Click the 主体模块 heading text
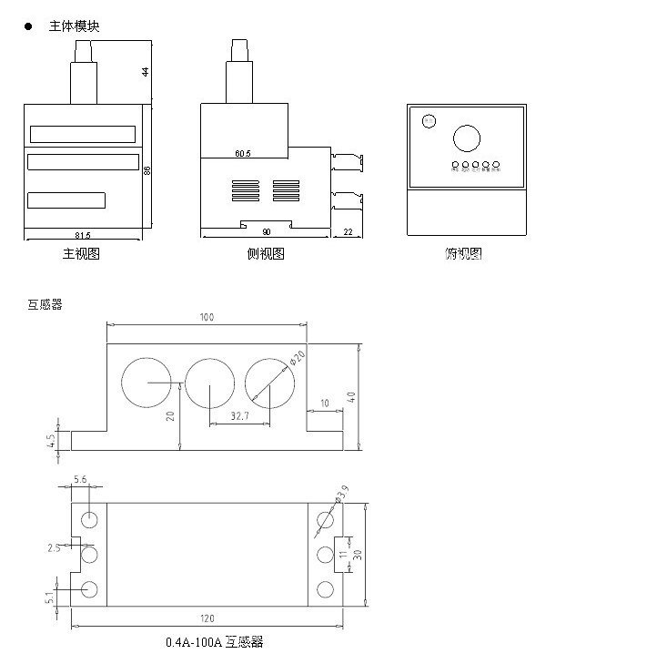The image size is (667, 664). [x=74, y=26]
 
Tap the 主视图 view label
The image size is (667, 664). [x=81, y=254]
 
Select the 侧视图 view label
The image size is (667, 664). [x=266, y=254]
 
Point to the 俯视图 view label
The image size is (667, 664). [x=463, y=254]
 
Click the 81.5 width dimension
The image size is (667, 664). [x=83, y=235]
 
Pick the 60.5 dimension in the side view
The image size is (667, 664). [x=243, y=154]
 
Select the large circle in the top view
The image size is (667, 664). [x=467, y=138]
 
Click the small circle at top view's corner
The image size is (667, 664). [x=428, y=120]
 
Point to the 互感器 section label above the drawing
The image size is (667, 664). [x=45, y=305]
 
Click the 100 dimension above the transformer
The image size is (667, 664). [x=207, y=317]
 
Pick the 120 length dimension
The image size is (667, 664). [x=207, y=618]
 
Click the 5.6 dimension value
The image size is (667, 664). [x=79, y=479]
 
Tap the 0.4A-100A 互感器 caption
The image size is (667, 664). [x=215, y=642]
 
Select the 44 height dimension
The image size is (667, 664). [x=145, y=72]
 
